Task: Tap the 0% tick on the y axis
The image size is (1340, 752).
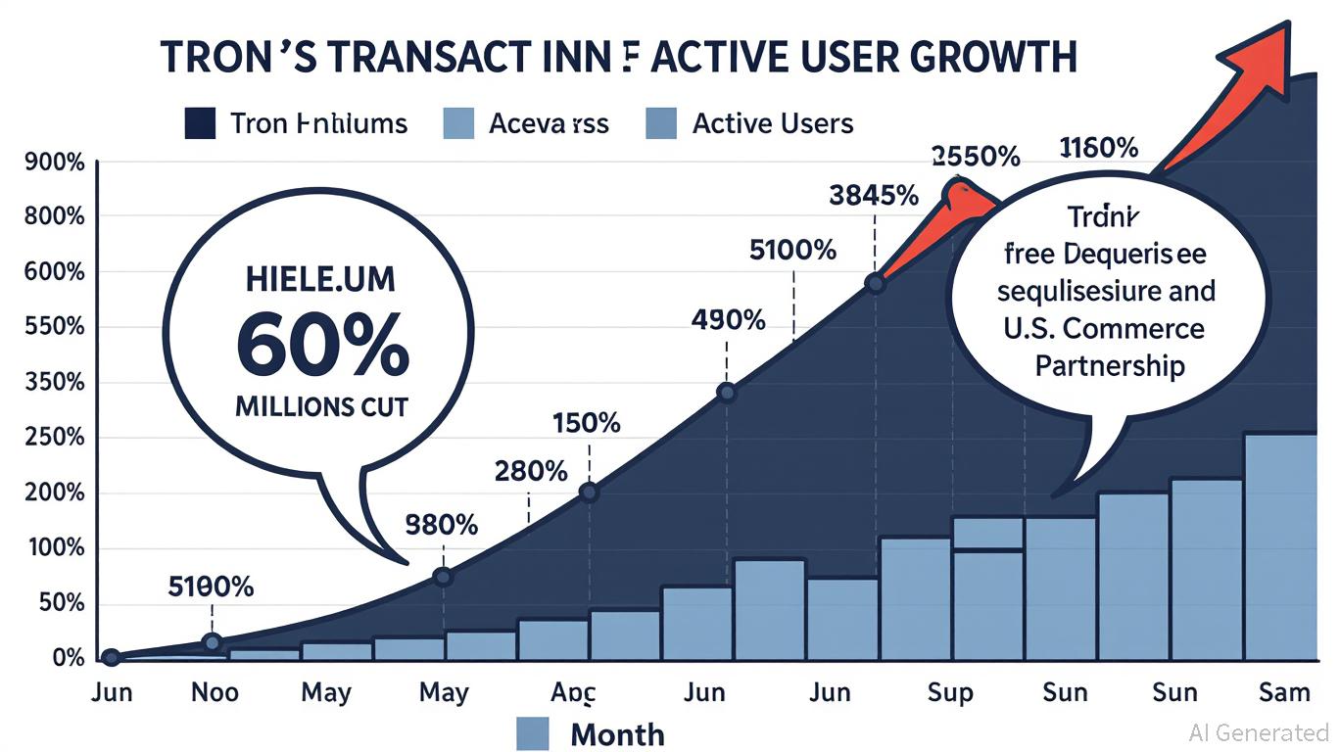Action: tap(68, 659)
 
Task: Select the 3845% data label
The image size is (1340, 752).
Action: tap(873, 196)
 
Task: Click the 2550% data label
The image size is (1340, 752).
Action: tap(975, 156)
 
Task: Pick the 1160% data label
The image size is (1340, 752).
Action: tap(1099, 149)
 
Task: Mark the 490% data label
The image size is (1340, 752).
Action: tap(726, 320)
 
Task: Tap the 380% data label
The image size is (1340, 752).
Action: tap(441, 526)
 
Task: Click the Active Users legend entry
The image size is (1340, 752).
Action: tap(772, 124)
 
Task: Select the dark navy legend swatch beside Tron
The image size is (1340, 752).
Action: tap(200, 124)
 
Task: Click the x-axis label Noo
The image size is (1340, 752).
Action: tap(213, 693)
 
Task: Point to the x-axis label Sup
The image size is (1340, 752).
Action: tap(949, 693)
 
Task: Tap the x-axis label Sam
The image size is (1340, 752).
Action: tap(1283, 693)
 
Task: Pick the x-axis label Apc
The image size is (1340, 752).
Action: tap(573, 693)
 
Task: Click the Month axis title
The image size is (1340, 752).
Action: tap(617, 734)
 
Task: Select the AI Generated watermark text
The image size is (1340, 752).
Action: tap(1258, 732)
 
